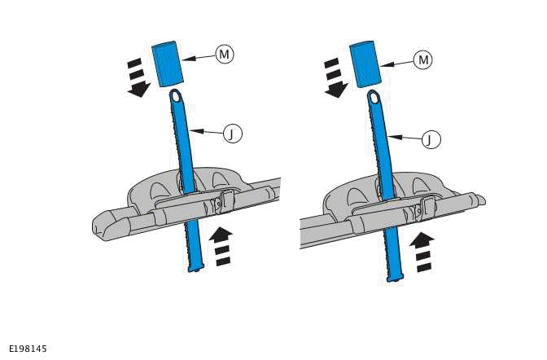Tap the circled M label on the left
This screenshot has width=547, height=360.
225,55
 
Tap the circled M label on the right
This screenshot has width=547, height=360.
422,59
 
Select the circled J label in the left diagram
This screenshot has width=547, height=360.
233,134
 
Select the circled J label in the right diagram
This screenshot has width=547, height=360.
430,139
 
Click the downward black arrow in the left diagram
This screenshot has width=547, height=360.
138,78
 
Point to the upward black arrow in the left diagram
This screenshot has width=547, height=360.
221,245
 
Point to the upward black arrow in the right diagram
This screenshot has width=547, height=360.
422,251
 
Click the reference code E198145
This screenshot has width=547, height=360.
28,349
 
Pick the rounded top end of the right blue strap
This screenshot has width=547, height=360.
374,99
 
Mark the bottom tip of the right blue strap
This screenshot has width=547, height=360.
394,278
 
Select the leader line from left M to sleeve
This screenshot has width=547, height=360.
200,57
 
